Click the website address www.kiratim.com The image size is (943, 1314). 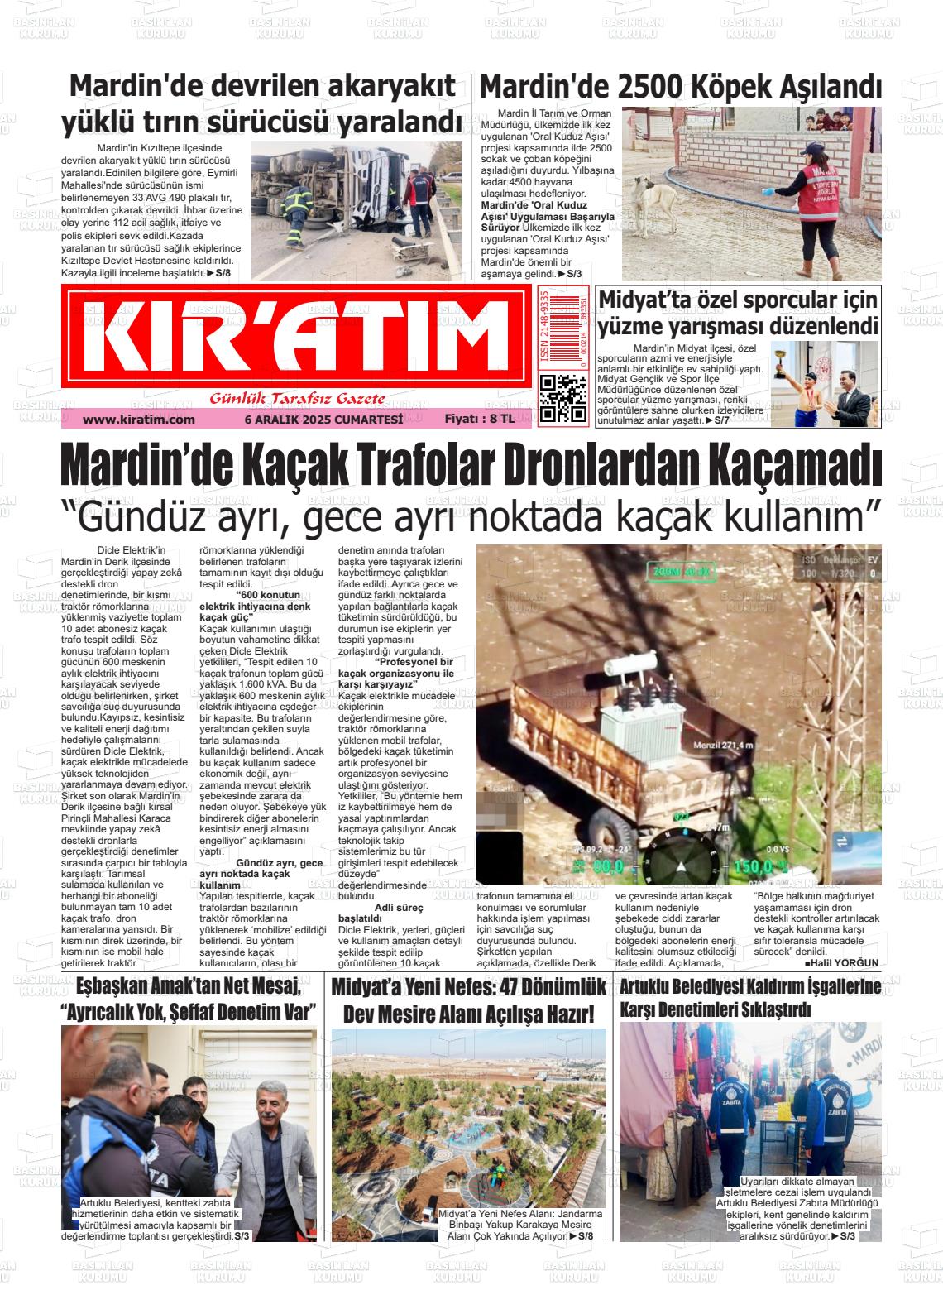pos(138,420)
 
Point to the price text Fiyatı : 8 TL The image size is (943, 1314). pos(479,420)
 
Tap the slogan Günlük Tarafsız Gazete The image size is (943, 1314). pos(298,399)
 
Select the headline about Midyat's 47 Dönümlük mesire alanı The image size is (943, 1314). pos(467,1000)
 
